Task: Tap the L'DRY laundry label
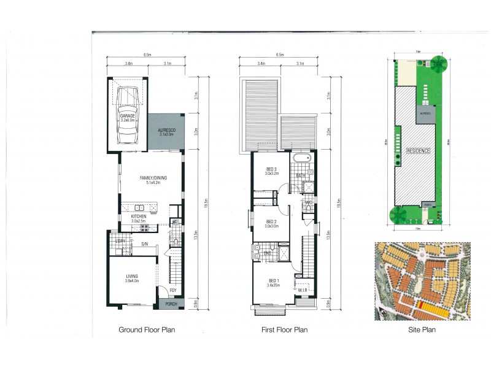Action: point(121,241)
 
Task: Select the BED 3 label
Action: point(271,169)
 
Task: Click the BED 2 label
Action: point(271,222)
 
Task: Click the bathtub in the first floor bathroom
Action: point(301,160)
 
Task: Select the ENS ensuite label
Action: point(267,253)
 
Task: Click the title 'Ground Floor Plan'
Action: point(147,330)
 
